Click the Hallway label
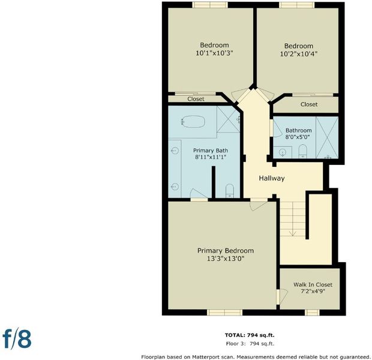tap(272, 178)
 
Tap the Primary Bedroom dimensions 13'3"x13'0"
tap(226, 259)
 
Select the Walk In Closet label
tap(313, 284)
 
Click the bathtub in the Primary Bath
tap(193, 121)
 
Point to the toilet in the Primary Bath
tap(230, 191)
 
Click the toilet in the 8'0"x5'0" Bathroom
tap(303, 151)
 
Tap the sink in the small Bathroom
tap(283, 152)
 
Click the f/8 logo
tap(17, 338)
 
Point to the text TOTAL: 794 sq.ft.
tap(250, 335)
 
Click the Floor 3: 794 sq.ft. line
tap(250, 343)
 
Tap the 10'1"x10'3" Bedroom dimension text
tap(214, 53)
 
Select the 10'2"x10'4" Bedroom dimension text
tap(299, 54)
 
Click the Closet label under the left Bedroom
tap(196, 99)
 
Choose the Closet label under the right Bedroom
tap(309, 104)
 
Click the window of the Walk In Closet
tap(312, 313)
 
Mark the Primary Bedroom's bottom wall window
tap(224, 313)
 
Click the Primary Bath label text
tap(211, 151)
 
